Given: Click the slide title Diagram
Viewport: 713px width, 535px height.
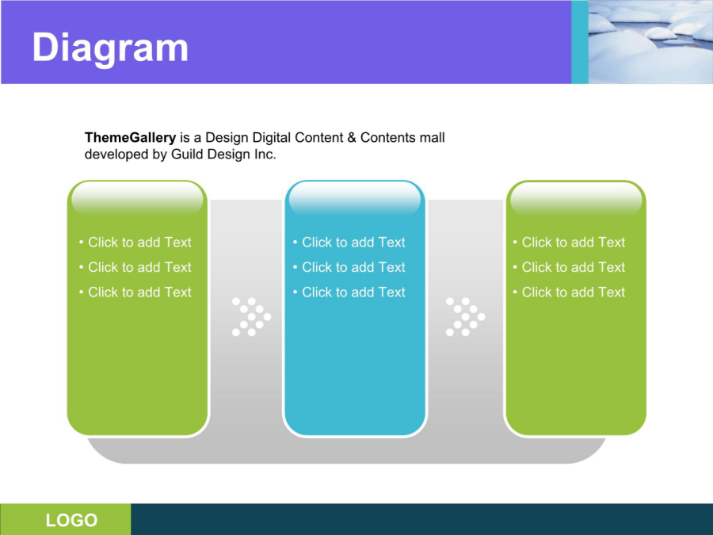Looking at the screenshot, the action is [110, 48].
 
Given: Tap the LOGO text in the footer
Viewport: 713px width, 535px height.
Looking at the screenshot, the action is [71, 520].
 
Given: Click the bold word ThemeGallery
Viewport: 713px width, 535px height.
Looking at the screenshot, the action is [130, 137].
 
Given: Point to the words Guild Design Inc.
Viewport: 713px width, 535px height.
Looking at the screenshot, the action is [223, 155].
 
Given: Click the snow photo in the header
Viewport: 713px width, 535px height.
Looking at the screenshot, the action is [650, 42].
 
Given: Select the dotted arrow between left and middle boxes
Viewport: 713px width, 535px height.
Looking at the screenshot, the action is [251, 316].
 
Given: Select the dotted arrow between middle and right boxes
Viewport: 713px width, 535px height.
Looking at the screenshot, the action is [466, 316].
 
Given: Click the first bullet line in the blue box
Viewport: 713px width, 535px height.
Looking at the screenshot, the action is [349, 242].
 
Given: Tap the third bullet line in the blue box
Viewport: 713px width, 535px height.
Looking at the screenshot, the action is [349, 292].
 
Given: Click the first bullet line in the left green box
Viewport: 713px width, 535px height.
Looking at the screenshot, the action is [135, 242].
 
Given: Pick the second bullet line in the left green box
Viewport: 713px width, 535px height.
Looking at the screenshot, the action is [135, 267].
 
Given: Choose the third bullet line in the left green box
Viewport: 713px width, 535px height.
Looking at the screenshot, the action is [135, 292].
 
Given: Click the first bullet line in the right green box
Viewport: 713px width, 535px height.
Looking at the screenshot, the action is [569, 242].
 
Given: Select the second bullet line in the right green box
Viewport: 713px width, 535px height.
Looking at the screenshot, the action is [569, 267].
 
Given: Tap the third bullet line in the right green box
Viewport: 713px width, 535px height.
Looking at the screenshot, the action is [569, 292].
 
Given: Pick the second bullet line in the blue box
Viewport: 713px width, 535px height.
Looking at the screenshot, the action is [349, 267].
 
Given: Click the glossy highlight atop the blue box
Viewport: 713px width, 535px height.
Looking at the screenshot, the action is [355, 199].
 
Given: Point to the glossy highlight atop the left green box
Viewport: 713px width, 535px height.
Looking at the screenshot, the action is [137, 199].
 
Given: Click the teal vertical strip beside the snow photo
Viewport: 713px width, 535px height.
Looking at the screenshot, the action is [580, 42].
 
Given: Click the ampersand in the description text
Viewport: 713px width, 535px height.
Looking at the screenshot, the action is [352, 137].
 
